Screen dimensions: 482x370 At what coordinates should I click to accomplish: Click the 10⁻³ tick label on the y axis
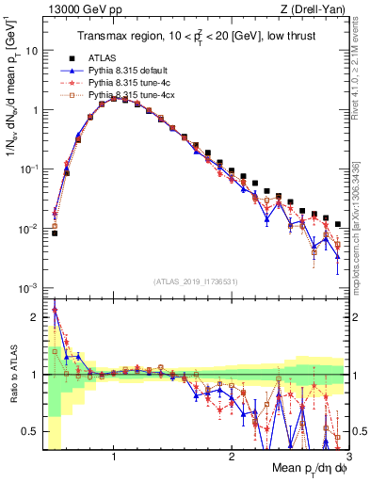coord(28,287)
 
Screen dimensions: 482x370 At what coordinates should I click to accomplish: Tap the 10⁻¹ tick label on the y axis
coord(28,169)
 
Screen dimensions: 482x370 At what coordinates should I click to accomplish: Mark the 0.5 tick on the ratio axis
coord(30,431)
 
